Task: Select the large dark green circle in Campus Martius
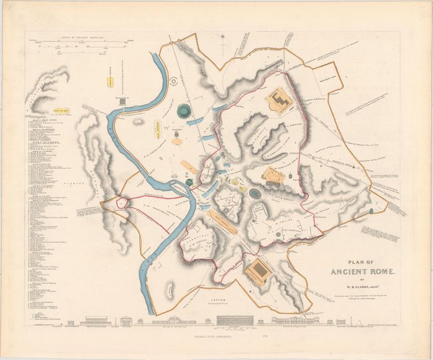183,110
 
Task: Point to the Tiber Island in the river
185,192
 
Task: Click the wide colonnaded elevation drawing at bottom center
230,320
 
